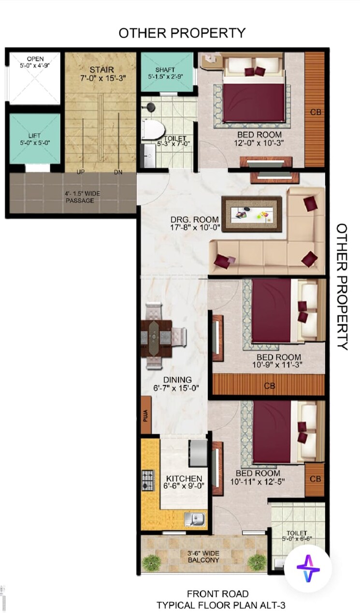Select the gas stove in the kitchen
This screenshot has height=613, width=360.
(x=147, y=480)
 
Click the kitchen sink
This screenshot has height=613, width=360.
(x=197, y=519)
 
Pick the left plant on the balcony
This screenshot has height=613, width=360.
(x=152, y=562)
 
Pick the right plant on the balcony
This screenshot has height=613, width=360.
(x=257, y=562)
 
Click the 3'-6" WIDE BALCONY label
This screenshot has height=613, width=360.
(x=203, y=556)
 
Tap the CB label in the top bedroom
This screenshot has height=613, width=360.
(x=315, y=113)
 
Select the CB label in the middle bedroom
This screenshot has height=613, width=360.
(x=270, y=386)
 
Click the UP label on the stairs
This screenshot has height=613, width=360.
(x=82, y=172)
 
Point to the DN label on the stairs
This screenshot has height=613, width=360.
(x=118, y=172)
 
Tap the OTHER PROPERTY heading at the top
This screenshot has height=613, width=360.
(x=182, y=33)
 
